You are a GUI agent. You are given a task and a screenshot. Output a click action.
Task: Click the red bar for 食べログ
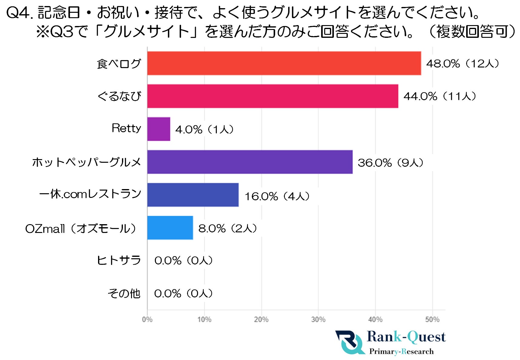click(x=284, y=63)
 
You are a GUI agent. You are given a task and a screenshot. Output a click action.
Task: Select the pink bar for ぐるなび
click(x=272, y=96)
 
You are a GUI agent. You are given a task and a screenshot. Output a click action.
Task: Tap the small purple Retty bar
click(x=159, y=129)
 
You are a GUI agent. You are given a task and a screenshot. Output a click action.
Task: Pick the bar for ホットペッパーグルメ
click(x=250, y=162)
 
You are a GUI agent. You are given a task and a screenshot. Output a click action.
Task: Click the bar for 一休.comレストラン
click(x=193, y=195)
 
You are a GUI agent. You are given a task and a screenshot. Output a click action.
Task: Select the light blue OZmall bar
click(x=170, y=228)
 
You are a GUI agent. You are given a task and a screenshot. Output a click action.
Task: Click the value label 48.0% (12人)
click(x=462, y=64)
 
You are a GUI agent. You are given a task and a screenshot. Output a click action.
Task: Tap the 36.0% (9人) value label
click(x=390, y=163)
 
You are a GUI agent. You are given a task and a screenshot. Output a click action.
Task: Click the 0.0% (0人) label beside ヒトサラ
click(x=183, y=260)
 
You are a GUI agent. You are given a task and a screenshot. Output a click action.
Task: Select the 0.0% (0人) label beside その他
click(x=183, y=293)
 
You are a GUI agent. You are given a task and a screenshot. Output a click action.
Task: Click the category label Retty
click(x=126, y=128)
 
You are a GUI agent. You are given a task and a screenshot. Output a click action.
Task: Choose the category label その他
click(x=124, y=293)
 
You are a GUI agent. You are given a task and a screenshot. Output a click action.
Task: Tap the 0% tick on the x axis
click(x=147, y=319)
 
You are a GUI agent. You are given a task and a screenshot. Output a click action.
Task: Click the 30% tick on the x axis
click(x=318, y=319)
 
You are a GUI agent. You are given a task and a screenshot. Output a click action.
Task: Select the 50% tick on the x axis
click(x=432, y=319)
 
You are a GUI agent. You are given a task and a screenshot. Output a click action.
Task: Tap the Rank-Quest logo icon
click(x=350, y=342)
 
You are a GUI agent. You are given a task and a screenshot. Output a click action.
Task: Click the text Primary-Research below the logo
click(x=401, y=352)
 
